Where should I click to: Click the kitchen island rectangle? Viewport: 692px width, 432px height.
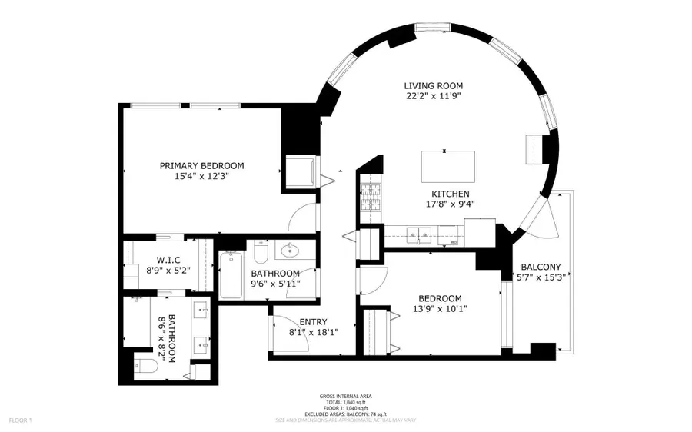[x=447, y=165]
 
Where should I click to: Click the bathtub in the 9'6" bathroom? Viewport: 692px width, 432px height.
[x=231, y=275]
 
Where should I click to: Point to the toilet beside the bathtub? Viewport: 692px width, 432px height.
[x=260, y=253]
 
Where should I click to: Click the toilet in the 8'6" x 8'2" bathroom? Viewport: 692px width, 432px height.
[x=145, y=366]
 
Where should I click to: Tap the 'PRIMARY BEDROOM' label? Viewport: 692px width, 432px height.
[x=201, y=166]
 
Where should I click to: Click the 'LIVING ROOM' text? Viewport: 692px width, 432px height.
[x=434, y=86]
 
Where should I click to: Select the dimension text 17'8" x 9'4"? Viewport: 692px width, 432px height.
[x=450, y=204]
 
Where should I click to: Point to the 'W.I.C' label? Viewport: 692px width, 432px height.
[x=168, y=259]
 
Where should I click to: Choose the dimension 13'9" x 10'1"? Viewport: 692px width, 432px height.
[x=440, y=310]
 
